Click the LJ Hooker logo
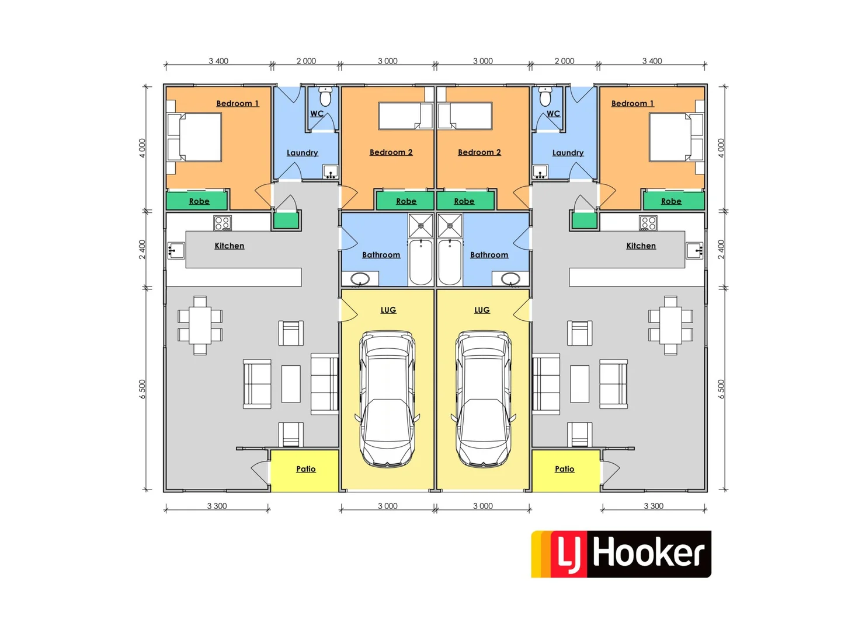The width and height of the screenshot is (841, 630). point(621,554)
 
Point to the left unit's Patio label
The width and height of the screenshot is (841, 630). point(305,469)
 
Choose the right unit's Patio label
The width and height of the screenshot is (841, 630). point(564,469)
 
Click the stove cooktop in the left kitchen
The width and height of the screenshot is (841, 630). point(223,223)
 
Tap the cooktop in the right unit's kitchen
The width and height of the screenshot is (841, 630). point(648,223)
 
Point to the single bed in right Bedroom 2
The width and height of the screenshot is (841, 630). point(465,116)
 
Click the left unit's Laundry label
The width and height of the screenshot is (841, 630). point(302,153)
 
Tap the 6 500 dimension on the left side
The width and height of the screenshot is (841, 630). point(143,389)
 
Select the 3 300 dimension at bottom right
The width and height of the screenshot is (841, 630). point(654,506)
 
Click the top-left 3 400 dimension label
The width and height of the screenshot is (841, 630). point(218,61)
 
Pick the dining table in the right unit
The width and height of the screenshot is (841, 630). point(670,325)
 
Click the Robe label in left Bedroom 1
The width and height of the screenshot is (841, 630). point(199,201)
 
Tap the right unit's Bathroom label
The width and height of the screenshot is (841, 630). point(489,255)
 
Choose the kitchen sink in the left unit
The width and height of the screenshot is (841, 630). point(176,251)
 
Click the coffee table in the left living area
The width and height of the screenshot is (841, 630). point(291,384)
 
